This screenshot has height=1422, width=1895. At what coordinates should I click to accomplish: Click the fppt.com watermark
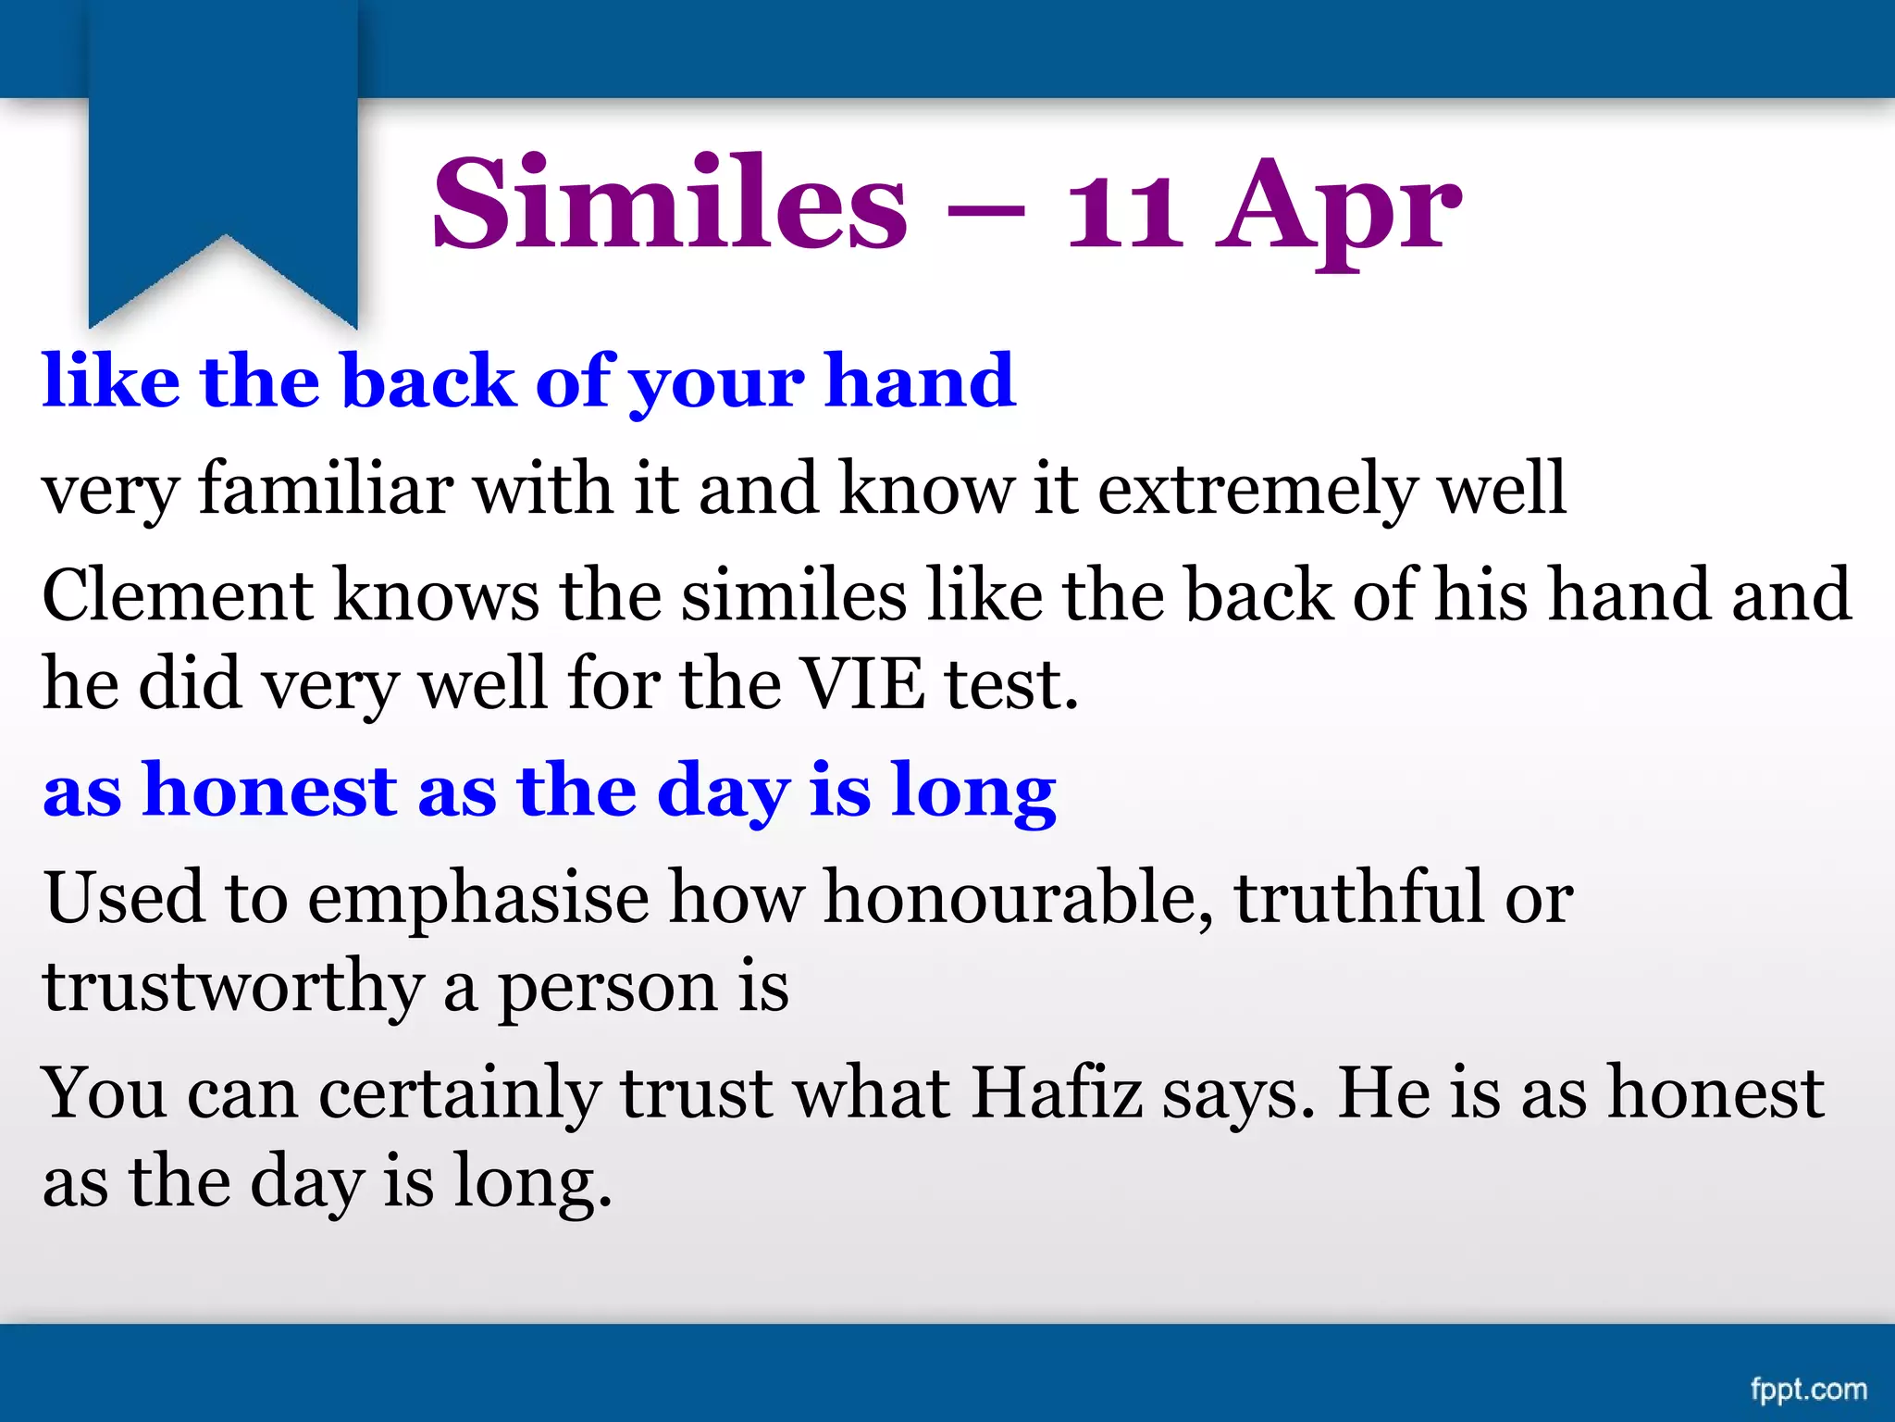tap(1808, 1389)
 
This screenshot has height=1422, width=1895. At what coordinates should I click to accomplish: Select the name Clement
tap(178, 595)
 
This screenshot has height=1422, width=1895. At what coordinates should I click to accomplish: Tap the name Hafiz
tap(1056, 1093)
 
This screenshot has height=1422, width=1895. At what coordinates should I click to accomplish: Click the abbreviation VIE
tap(861, 684)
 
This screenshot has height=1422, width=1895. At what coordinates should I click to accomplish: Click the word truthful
tap(1359, 898)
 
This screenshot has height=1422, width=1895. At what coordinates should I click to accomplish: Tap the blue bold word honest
tap(269, 792)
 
